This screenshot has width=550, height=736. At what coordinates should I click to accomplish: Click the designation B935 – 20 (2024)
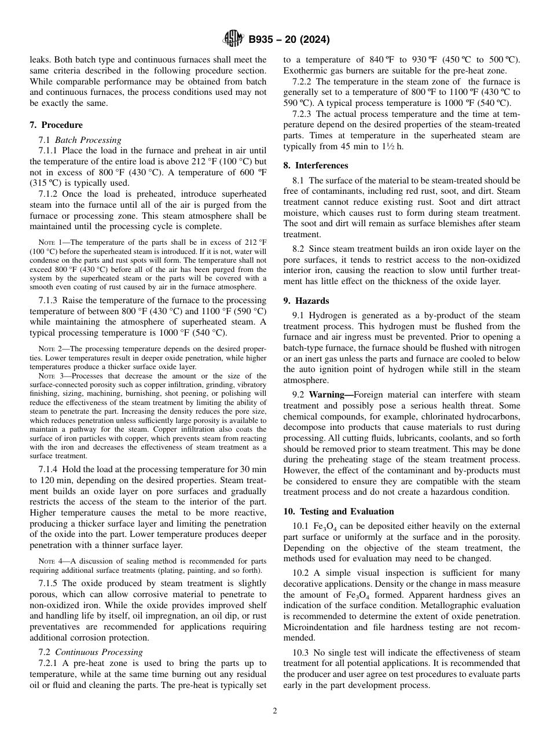pyautogui.click(x=289, y=40)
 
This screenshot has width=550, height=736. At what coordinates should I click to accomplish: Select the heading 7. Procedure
pyautogui.click(x=56, y=125)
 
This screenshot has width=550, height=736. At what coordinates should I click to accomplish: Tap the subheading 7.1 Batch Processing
pyautogui.click(x=80, y=140)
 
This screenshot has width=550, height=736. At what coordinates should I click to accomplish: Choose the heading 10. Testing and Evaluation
pyautogui.click(x=339, y=511)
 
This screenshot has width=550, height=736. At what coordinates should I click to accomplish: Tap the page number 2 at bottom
pyautogui.click(x=275, y=711)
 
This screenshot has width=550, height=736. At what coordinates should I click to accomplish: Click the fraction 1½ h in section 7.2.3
pyautogui.click(x=393, y=146)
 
